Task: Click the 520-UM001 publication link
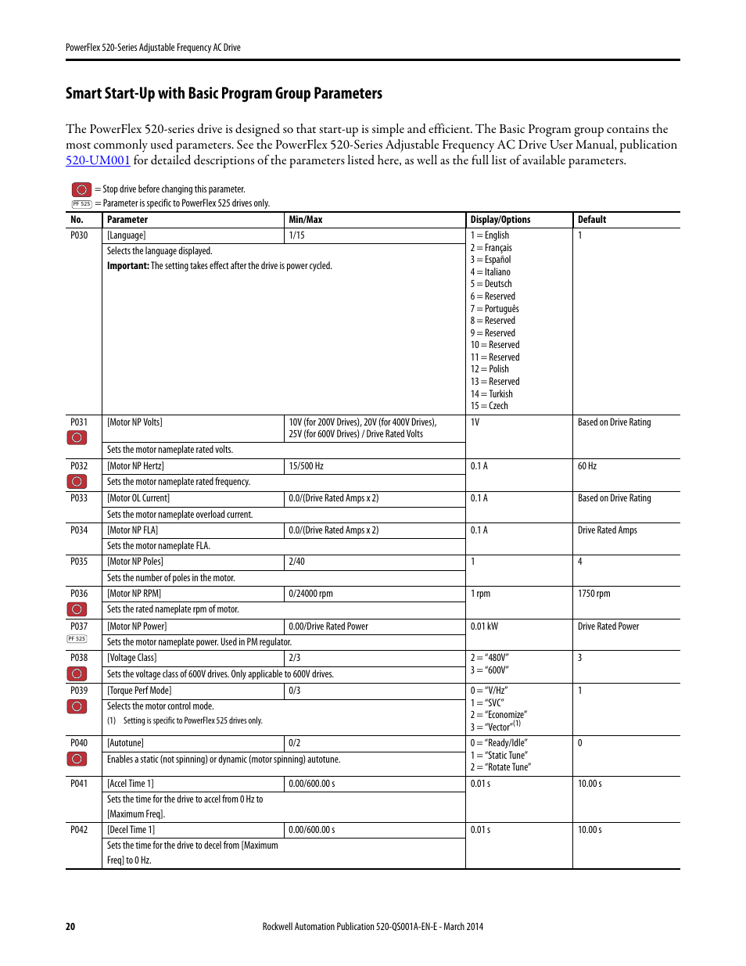[x=98, y=160]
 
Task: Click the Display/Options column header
[x=500, y=220]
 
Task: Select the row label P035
[x=79, y=562]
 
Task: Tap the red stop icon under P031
[x=77, y=437]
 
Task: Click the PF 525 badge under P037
[x=77, y=639]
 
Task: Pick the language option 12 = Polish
[x=490, y=369]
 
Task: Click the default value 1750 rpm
[x=594, y=594]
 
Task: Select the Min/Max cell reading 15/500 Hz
[x=306, y=466]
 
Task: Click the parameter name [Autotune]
[x=125, y=743]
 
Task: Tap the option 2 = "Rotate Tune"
[x=500, y=767]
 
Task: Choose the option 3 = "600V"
[x=490, y=670]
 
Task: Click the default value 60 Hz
[x=586, y=466]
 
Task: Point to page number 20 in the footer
[x=70, y=927]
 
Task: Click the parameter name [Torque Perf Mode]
[x=139, y=691]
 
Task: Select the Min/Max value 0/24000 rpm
[x=310, y=594]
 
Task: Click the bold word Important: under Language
[x=127, y=266]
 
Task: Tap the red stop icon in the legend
[x=81, y=189]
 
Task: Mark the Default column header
[x=592, y=220]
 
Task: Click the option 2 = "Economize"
[x=499, y=715]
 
